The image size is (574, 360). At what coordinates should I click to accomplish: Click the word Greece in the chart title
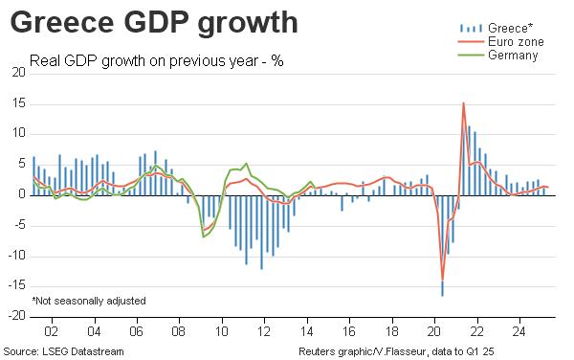tap(62, 22)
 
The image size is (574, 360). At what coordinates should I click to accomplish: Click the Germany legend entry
tap(498, 56)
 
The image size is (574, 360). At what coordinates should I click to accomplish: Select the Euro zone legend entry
tap(500, 42)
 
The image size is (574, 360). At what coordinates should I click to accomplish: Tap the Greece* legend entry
tap(497, 28)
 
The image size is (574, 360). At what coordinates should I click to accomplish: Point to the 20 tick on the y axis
tap(19, 73)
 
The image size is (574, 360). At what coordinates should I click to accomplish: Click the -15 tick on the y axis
tap(17, 286)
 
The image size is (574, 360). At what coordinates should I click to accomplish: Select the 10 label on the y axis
tap(19, 133)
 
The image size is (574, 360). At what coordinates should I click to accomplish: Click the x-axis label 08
tap(179, 331)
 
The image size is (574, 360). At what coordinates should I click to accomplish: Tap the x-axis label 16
tap(349, 331)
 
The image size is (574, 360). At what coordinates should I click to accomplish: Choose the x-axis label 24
tap(519, 331)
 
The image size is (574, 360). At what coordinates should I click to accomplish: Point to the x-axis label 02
tap(52, 331)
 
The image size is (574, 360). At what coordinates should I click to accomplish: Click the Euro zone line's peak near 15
tap(463, 103)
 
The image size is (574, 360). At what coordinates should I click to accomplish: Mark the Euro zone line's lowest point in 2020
tap(443, 280)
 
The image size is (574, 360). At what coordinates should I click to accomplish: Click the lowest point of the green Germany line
tap(203, 236)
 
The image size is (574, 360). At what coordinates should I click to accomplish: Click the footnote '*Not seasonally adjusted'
tap(89, 301)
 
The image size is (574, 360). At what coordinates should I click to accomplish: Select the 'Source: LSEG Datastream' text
tap(64, 351)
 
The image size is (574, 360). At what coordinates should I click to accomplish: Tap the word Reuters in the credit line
tap(318, 351)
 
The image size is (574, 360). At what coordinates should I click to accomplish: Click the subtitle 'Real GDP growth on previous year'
tap(143, 60)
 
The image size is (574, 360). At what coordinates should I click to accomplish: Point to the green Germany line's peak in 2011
tap(247, 164)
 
